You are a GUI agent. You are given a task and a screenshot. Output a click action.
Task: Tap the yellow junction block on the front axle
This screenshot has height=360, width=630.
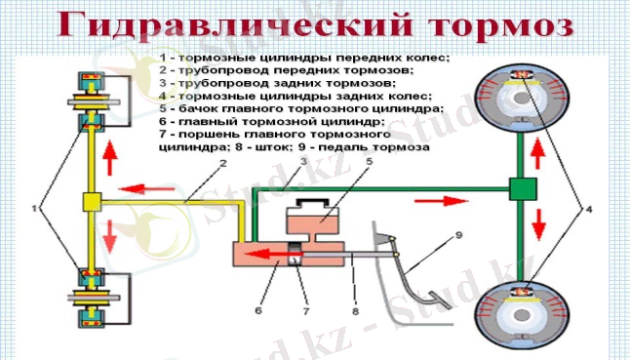(x=94, y=203)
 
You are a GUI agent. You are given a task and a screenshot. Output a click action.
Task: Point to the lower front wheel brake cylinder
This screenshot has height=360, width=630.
(x=94, y=297)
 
